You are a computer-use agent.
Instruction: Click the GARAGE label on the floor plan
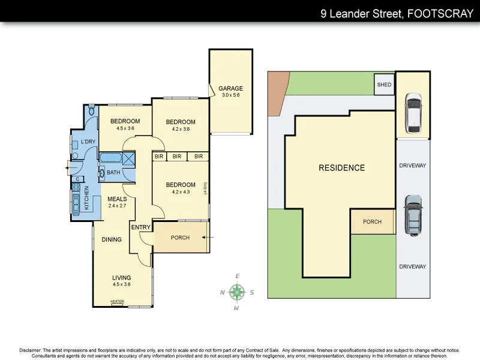[x=231, y=88]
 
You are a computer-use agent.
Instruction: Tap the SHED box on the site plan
[x=384, y=85]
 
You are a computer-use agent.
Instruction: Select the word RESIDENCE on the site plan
[x=341, y=168]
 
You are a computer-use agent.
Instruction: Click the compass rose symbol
[x=238, y=292]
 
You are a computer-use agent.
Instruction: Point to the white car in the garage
[x=413, y=112]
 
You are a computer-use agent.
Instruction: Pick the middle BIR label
[x=176, y=157]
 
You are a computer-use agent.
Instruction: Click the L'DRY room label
[x=88, y=142]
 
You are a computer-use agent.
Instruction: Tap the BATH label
[x=113, y=173]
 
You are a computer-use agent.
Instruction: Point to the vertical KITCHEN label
[x=87, y=197]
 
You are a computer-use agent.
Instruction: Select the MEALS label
[x=117, y=199]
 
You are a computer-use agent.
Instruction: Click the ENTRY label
[x=141, y=227]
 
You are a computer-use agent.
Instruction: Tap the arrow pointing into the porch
[x=206, y=238]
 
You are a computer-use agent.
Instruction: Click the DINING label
[x=112, y=239]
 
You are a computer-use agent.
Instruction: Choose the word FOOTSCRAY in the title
[x=439, y=14]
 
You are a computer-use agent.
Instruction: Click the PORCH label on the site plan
[x=372, y=221]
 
